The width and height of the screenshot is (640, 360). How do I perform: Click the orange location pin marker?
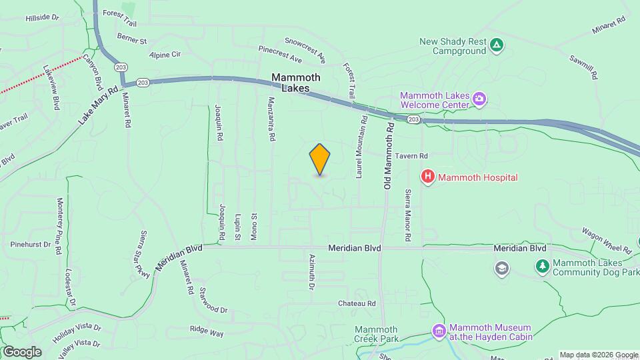pos(320,159)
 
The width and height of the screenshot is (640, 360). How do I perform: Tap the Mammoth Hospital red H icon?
pos(427,177)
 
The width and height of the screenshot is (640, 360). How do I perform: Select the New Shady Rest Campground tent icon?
pos(495,46)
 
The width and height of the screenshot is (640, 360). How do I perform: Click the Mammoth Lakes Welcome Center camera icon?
pos(479,100)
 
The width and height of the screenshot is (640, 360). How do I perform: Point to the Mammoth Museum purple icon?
pos(439,331)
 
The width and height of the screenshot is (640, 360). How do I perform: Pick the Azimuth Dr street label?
pos(311,272)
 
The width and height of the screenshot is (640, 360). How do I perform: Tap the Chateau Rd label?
pos(357,303)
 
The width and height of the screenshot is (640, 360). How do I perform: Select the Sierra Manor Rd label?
pos(407,215)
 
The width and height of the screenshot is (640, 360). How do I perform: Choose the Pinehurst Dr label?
pos(31,245)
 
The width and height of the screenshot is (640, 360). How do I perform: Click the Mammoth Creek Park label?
pos(376,334)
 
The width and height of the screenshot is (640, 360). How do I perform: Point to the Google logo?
pos(22,351)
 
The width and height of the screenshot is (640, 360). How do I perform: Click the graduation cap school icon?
pos(501,268)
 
